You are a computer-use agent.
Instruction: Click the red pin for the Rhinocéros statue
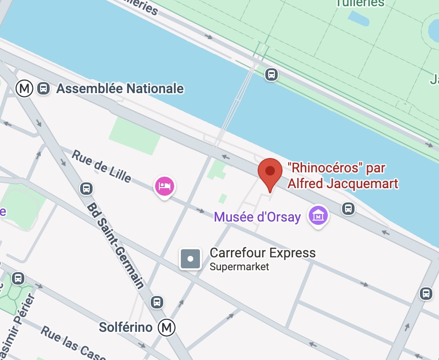click(270, 172)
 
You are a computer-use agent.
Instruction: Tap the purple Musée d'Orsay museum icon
click(318, 216)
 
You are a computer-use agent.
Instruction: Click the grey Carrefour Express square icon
click(190, 259)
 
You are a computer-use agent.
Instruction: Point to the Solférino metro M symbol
click(167, 328)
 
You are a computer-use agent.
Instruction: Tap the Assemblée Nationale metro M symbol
click(24, 88)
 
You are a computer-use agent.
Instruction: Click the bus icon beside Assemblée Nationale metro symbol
click(43, 88)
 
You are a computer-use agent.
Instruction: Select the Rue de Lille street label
click(101, 166)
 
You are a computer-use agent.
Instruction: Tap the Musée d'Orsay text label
click(257, 217)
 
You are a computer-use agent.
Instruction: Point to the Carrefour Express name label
click(262, 253)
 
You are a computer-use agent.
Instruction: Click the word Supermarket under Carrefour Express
click(240, 267)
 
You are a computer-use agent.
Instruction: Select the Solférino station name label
click(125, 328)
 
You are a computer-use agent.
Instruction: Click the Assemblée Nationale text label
click(120, 88)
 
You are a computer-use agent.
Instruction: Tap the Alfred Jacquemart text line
click(343, 183)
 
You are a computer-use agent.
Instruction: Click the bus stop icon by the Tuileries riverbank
click(272, 74)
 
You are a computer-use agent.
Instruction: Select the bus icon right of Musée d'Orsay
click(348, 208)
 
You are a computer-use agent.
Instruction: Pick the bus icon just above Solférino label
click(157, 302)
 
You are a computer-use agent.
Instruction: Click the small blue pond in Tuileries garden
click(359, 19)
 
